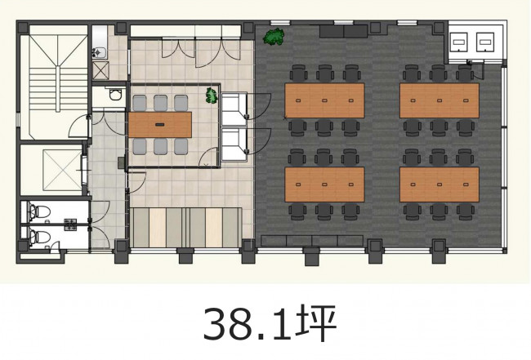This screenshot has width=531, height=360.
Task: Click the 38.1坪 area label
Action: click(x=270, y=323)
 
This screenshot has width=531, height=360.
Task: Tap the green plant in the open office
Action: click(x=274, y=37)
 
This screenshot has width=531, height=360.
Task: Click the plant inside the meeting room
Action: click(x=212, y=96)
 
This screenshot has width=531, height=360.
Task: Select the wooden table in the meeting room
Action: click(x=160, y=125)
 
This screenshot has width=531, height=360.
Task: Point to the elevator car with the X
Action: click(x=63, y=170)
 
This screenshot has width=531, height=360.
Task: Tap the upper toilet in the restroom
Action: click(x=40, y=211)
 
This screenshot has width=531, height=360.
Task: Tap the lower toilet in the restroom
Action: click(x=40, y=237)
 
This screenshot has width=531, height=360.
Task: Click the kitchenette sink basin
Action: click(x=99, y=52)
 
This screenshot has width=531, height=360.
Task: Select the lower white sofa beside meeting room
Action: click(x=234, y=144)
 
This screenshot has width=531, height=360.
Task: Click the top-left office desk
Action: click(x=324, y=100)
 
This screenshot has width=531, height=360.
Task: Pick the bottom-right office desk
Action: click(x=440, y=184)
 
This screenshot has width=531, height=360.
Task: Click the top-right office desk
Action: click(x=440, y=100)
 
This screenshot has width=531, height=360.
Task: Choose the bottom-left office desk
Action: click(x=324, y=184)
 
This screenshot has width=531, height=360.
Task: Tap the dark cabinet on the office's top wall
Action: click(x=343, y=32)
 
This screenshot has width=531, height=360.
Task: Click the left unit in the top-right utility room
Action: click(x=459, y=42)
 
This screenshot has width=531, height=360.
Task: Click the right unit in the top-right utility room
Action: click(x=485, y=42)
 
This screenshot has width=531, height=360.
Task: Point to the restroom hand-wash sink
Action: click(x=70, y=224)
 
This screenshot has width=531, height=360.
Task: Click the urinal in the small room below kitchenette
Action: click(x=115, y=94)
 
